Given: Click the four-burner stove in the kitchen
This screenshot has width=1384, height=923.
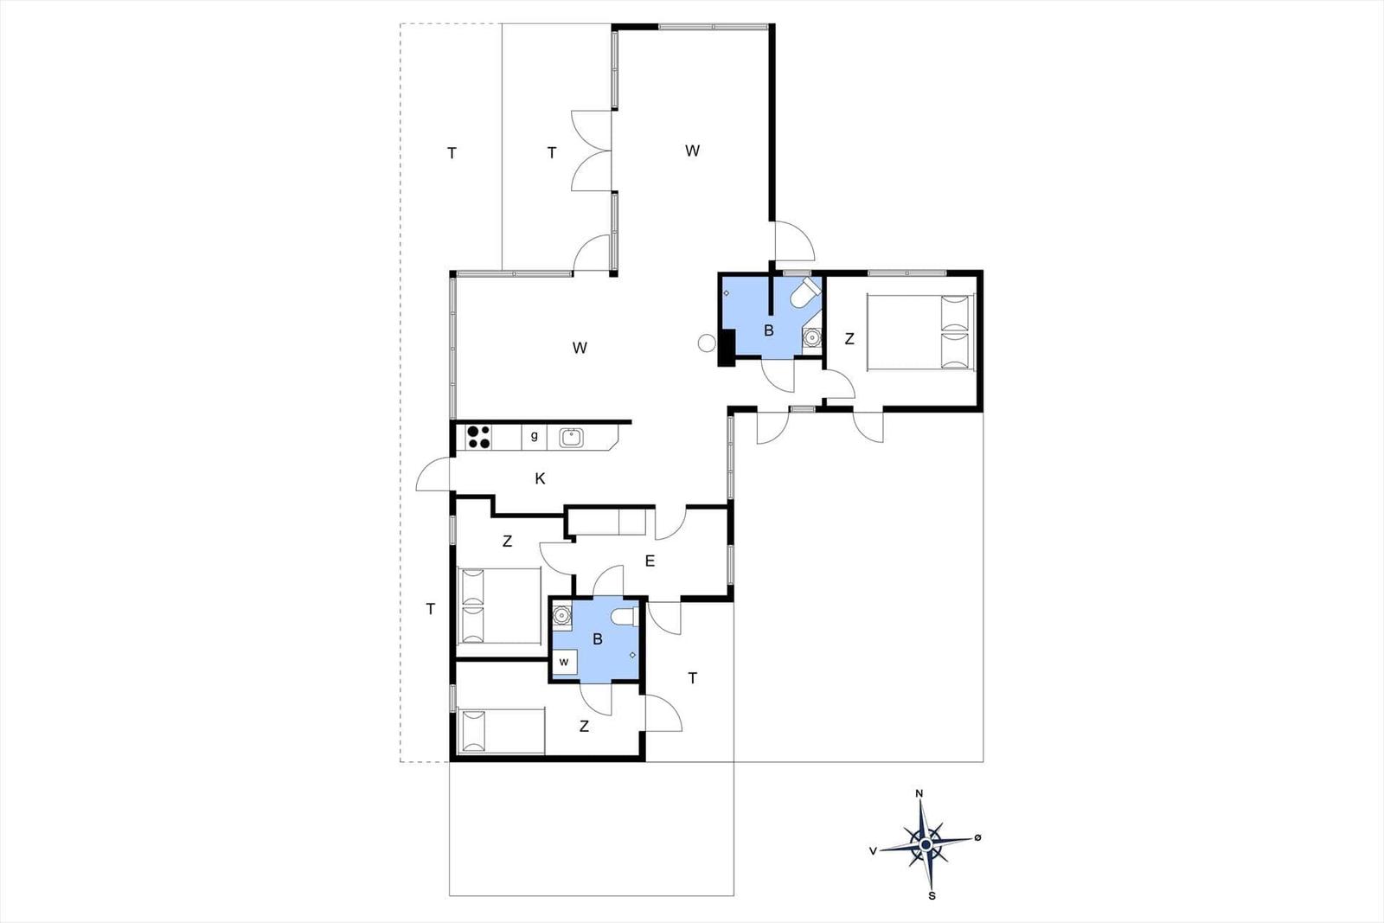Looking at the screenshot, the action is point(478,437).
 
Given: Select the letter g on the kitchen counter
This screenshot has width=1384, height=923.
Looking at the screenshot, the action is point(535,436).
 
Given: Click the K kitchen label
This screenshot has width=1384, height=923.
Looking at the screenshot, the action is point(540,478).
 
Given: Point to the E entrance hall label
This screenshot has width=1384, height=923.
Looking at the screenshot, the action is point(650,561).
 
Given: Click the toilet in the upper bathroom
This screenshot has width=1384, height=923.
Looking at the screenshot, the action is point(805,292).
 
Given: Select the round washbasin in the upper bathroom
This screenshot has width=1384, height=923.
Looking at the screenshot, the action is point(811,338).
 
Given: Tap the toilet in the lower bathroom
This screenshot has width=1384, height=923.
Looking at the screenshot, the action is point(625,617).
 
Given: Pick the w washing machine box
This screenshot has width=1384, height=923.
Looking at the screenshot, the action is point(565,663).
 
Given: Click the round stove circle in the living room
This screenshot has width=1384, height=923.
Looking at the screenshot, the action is point(706,343).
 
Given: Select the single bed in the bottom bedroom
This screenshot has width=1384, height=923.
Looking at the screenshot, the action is point(501,732).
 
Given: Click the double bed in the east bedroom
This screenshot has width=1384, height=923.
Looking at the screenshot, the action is point(920,332).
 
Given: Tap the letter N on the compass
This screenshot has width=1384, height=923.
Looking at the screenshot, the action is point(919,794).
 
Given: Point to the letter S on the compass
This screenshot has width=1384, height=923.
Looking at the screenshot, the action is point(932,896).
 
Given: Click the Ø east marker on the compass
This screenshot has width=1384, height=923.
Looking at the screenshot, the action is point(977,837).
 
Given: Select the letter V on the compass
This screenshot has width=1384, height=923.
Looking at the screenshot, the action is point(873,851).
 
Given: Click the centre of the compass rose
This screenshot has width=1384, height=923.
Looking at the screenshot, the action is point(926,844).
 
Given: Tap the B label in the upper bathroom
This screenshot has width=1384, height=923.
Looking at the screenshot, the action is point(769,330).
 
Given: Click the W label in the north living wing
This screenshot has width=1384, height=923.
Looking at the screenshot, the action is point(693,151).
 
